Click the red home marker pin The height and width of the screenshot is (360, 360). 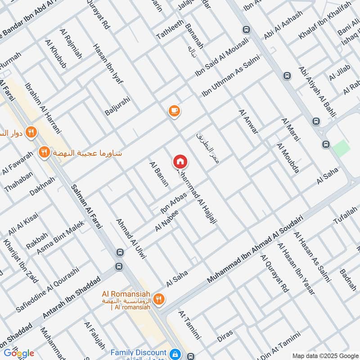click(x=180, y=162)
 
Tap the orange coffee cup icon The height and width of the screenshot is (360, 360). click(x=174, y=111)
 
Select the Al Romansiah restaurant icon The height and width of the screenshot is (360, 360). click(x=158, y=298)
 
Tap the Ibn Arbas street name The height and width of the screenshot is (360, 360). click(x=173, y=203)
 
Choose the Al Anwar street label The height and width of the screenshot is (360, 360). click(x=249, y=121)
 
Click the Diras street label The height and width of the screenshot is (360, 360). click(x=225, y=335)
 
